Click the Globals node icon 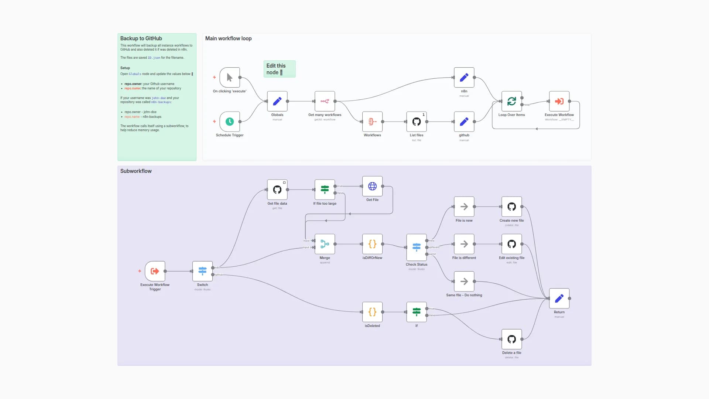(x=277, y=101)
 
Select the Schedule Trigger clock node (x=229, y=122)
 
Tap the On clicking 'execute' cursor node (x=229, y=77)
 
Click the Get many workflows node (x=325, y=101)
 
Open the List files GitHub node (x=416, y=122)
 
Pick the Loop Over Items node (x=511, y=101)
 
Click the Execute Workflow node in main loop (x=559, y=101)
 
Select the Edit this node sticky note (x=279, y=69)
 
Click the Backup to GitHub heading (x=141, y=38)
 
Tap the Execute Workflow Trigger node (x=155, y=271)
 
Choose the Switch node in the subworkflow (x=202, y=271)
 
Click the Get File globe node (x=372, y=186)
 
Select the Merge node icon (x=325, y=244)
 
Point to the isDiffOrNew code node (x=372, y=244)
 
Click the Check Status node (x=416, y=247)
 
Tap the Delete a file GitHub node (x=511, y=339)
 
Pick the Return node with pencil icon (x=559, y=298)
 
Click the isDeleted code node (x=372, y=312)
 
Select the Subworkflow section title (x=136, y=171)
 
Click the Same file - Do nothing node (x=464, y=282)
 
